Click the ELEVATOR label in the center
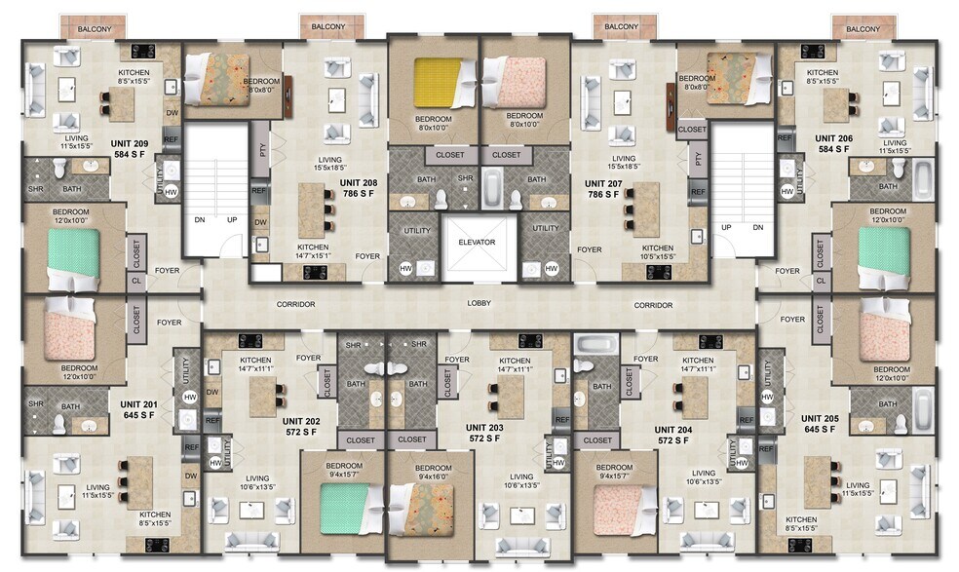[x=478, y=243]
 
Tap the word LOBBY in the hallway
[x=479, y=304]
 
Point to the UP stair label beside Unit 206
[x=725, y=227]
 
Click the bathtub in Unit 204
[x=593, y=345]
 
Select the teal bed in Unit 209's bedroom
[x=74, y=256]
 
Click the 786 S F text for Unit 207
[x=602, y=195]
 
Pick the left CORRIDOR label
[x=295, y=305]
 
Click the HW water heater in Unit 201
[x=188, y=397]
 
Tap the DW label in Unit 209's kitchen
[x=172, y=113]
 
